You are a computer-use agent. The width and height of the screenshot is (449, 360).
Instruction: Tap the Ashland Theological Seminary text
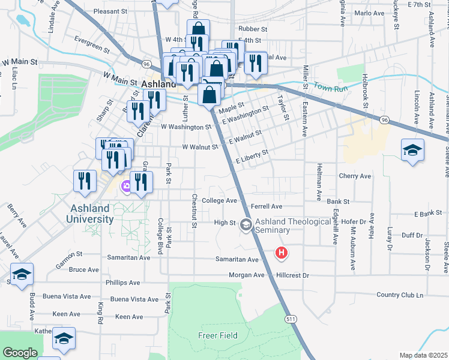[x=294, y=227]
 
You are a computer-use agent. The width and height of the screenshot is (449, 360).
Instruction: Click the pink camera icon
[x=126, y=186]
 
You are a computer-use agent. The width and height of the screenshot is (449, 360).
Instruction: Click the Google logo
[x=20, y=353]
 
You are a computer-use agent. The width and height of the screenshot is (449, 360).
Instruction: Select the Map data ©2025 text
[x=423, y=355]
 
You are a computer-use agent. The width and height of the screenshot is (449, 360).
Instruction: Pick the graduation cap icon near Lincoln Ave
[x=413, y=150]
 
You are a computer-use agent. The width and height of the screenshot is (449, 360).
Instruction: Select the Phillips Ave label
[x=122, y=283]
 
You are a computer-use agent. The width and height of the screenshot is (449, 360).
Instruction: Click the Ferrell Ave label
[x=267, y=206]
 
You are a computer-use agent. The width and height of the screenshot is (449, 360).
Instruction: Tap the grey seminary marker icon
[x=245, y=225]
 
